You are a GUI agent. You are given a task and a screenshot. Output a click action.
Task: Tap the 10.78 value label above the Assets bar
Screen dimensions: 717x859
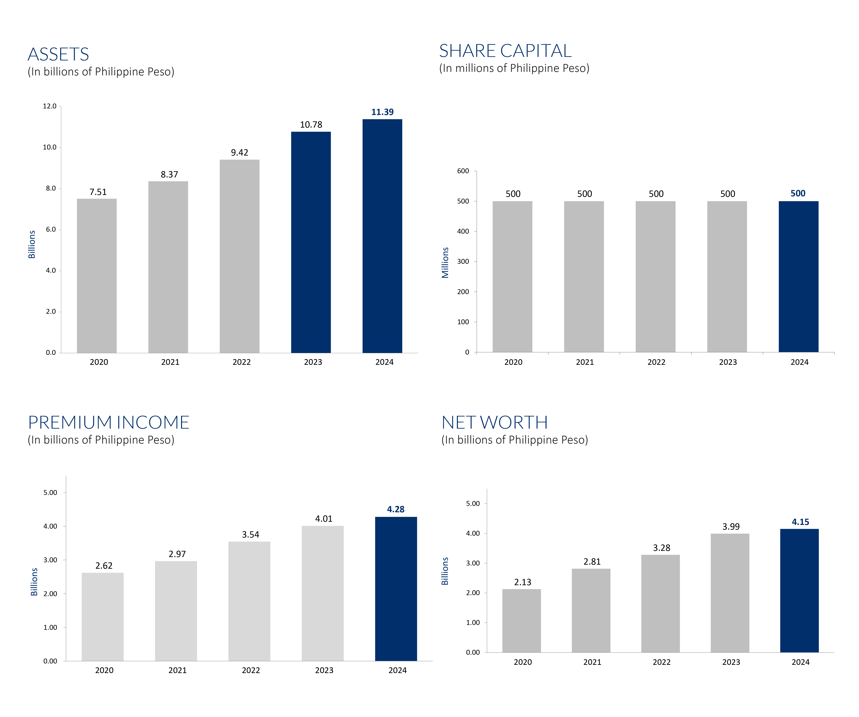[x=311, y=125]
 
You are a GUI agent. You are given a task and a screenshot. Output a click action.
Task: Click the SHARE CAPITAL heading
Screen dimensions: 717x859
[x=505, y=51]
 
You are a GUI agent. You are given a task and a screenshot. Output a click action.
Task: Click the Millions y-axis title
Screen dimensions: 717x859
[x=445, y=263]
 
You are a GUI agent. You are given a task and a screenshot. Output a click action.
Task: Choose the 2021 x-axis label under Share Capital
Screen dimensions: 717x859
[x=585, y=362]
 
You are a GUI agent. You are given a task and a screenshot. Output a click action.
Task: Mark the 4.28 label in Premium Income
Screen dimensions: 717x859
[x=396, y=509]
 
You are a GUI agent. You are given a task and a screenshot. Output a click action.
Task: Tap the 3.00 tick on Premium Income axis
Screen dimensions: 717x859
[x=50, y=560]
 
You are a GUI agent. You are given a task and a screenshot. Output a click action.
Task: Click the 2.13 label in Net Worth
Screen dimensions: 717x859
[x=522, y=582]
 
